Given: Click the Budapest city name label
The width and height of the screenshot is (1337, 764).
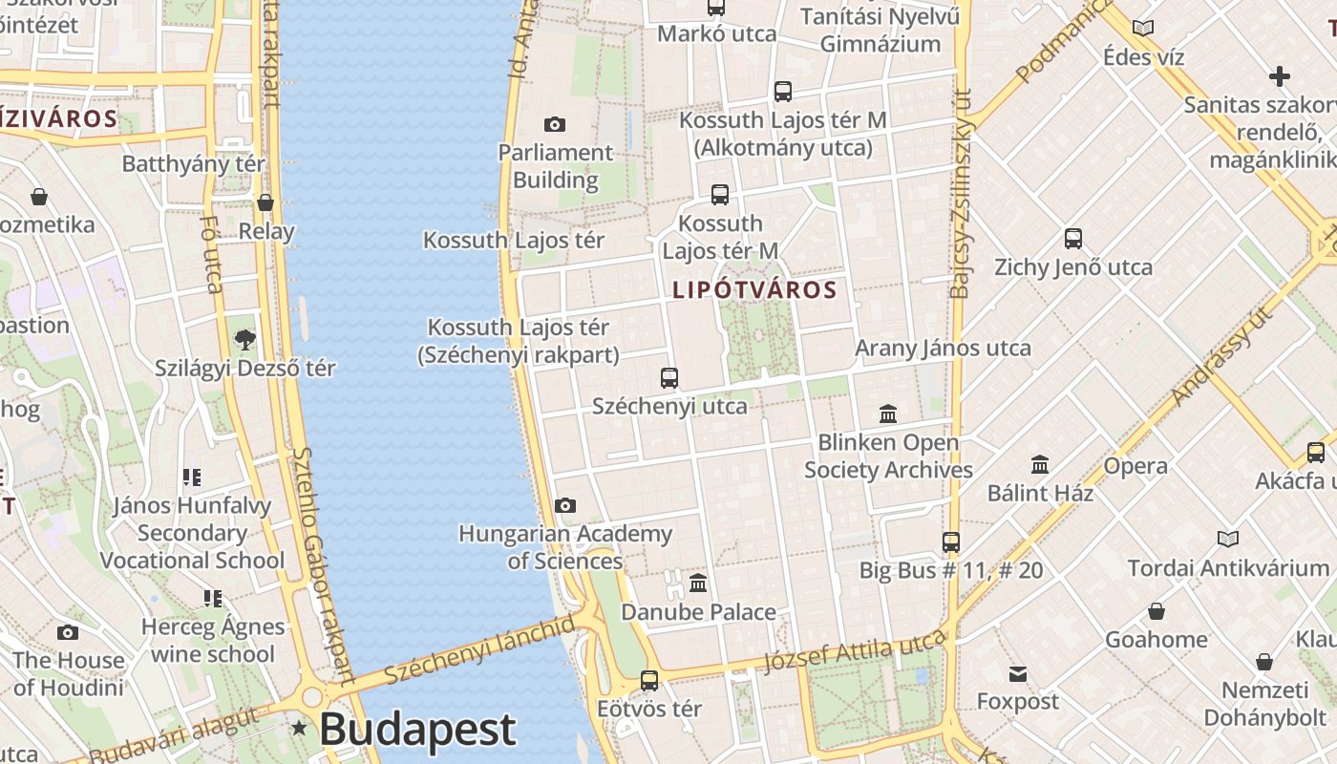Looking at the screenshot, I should tap(417, 730).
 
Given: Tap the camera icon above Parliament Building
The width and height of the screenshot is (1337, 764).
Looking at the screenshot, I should tap(554, 124).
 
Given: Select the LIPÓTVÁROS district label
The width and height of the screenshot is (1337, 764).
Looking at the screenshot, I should tap(754, 289).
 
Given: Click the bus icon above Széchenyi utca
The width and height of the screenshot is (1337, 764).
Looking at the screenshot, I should tap(669, 377).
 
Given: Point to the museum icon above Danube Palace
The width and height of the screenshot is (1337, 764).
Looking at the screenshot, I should tap(698, 583).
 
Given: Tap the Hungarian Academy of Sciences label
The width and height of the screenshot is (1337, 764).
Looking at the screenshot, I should tap(565, 547).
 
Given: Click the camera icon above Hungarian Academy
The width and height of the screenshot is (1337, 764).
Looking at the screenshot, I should tap(565, 505).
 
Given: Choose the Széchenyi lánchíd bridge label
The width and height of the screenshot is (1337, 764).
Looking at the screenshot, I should tap(480, 650).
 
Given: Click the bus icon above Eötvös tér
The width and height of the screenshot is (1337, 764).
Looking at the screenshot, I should tap(649, 680).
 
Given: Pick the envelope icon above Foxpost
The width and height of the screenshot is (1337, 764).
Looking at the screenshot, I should tap(1018, 674).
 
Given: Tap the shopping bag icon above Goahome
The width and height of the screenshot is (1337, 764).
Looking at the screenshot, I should tap(1157, 611).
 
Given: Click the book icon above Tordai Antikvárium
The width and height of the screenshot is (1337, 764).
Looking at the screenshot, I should tap(1228, 540).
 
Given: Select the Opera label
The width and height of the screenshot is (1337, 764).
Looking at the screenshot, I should tap(1135, 466).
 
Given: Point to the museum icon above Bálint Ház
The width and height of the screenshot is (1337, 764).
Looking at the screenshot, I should tap(1040, 465).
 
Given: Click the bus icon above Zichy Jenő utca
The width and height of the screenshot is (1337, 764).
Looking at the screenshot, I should tap(1073, 238).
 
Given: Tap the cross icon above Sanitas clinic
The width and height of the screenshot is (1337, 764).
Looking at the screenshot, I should tap(1280, 75).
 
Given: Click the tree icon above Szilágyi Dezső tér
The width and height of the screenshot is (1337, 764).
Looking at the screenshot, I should tap(245, 339).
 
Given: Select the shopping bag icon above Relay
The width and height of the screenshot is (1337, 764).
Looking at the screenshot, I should tap(265, 202).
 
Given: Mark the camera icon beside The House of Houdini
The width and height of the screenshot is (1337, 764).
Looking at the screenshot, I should tap(67, 632).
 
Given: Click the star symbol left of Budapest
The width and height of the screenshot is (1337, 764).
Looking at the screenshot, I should tap(299, 729).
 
